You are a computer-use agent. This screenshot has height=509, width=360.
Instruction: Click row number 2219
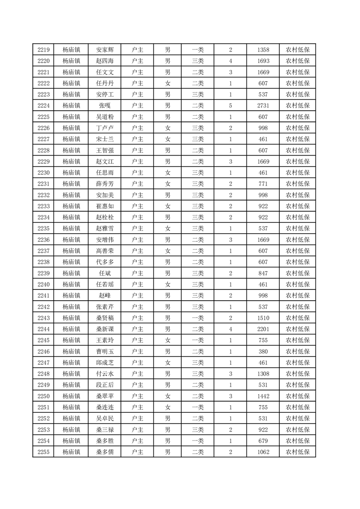44,50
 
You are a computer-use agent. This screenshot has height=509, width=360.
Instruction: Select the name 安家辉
105,50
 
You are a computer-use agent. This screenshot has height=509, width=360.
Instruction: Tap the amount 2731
263,106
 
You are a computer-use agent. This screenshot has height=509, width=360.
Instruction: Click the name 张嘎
105,106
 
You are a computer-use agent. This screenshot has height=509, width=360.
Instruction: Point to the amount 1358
263,50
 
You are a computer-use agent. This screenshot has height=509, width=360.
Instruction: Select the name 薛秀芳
105,184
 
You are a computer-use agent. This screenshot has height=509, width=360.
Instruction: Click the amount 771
263,184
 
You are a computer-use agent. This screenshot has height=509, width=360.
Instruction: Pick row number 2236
44,240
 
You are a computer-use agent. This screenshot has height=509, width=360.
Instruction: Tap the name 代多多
105,262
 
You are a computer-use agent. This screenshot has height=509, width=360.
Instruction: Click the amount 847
263,273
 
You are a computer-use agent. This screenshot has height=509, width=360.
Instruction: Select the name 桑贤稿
105,318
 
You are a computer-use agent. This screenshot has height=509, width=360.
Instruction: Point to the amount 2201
263,329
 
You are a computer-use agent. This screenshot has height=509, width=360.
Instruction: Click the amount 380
263,351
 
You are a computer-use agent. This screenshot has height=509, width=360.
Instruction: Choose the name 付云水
105,373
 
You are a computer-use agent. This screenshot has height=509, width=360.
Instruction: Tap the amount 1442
263,396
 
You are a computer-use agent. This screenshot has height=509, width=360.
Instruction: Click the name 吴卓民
105,418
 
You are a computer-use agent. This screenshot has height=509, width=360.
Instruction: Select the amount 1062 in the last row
263,451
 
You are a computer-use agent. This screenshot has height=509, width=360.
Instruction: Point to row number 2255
44,451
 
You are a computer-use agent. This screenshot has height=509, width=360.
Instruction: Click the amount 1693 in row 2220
263,61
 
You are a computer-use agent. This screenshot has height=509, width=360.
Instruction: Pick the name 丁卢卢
105,128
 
